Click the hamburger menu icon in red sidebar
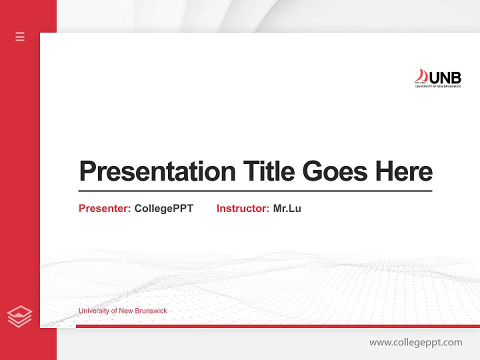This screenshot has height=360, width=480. [20, 36]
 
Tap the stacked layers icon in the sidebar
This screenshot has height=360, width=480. [19, 316]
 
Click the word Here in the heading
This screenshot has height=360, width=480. [403, 171]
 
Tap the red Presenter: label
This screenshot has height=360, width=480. [105, 208]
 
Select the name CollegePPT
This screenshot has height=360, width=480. [163, 208]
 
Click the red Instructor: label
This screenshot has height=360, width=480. [243, 208]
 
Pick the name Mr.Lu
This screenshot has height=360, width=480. [287, 208]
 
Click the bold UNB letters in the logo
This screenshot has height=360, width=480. [445, 77]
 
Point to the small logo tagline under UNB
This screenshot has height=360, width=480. [438, 86]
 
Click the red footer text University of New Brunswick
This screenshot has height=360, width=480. [122, 311]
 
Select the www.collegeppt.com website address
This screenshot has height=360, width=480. [415, 342]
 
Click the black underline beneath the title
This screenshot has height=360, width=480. [255, 191]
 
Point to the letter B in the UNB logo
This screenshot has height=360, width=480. [455, 77]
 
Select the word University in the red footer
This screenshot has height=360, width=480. [93, 311]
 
